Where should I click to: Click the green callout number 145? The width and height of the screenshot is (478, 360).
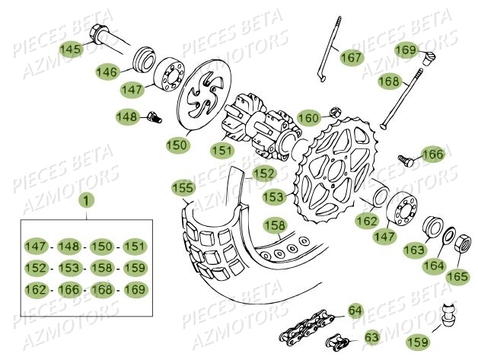pos(70,49)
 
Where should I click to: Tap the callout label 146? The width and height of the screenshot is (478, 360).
pos(108,72)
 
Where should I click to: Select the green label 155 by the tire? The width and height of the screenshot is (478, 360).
pos(183,186)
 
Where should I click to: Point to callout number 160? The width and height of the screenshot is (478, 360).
pos(308,118)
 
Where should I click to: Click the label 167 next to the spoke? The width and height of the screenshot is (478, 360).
pos(352,57)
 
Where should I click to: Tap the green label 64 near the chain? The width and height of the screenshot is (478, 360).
pos(355,311)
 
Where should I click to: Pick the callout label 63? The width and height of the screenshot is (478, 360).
pos(371,336)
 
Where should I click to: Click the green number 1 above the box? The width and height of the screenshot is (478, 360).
pos(86,202)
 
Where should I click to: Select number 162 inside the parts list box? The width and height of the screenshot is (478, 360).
pos(35,289)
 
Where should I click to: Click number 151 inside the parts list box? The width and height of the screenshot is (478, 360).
pos(134,246)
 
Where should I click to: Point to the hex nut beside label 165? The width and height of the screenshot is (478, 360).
pos(464,244)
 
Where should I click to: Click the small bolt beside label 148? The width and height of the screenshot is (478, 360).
pos(155,118)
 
